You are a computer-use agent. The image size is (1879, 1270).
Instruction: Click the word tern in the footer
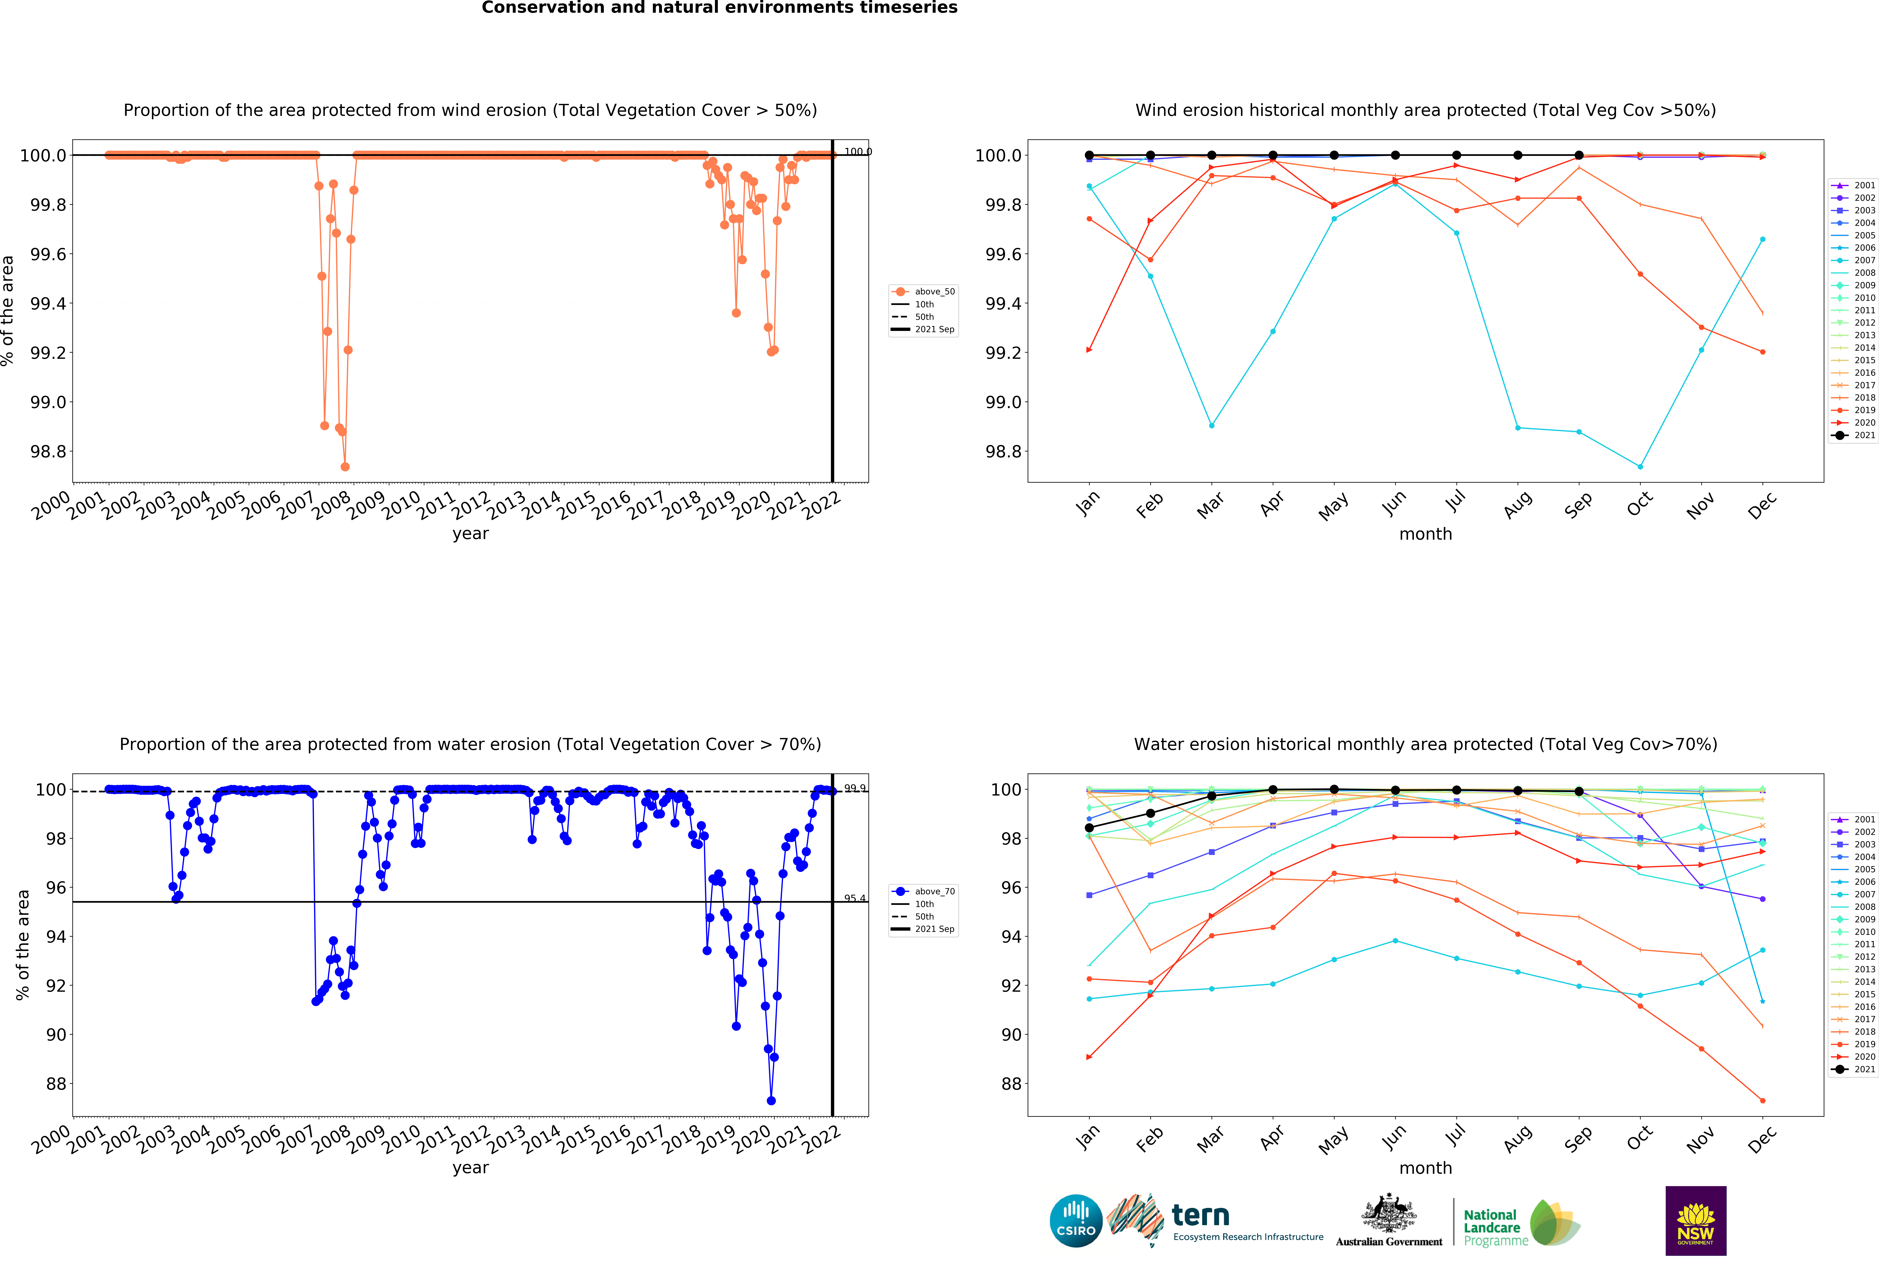[x=1201, y=1215]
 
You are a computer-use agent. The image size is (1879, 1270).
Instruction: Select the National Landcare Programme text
[x=1492, y=1227]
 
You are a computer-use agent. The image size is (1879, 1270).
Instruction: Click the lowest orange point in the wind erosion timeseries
[x=345, y=467]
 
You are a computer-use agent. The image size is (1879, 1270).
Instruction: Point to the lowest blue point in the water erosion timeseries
[x=771, y=1100]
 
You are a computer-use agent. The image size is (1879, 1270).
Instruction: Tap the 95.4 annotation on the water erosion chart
[x=855, y=898]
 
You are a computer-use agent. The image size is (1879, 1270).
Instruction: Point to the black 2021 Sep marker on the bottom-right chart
[x=1579, y=791]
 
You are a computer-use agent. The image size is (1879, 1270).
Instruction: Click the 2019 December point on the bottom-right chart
[x=1763, y=1100]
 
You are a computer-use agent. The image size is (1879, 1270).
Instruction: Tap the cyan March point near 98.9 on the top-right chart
[x=1211, y=425]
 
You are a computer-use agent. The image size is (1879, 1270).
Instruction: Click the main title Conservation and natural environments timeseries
[x=720, y=8]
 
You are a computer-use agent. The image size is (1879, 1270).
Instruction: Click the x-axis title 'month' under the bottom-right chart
[x=1425, y=1168]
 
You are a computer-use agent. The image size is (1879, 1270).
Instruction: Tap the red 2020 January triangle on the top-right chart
[x=1089, y=350]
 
